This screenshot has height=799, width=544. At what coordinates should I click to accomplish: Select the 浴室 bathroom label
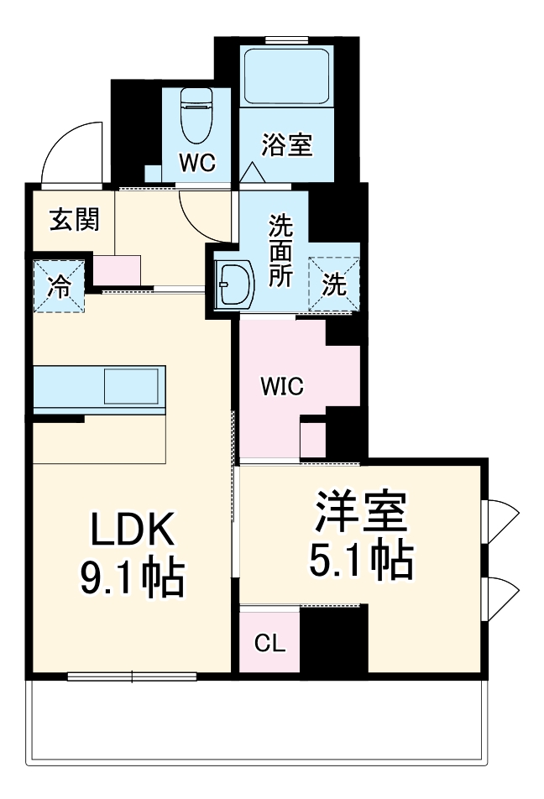(x=286, y=145)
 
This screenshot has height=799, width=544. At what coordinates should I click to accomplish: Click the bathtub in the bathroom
(x=286, y=76)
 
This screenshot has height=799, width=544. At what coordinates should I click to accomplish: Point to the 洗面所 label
(x=280, y=252)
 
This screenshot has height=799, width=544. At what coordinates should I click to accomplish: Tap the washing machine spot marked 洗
(x=335, y=284)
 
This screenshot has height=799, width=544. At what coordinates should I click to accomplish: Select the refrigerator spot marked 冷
(x=60, y=285)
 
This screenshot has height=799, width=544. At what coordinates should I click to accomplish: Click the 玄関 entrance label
(x=74, y=220)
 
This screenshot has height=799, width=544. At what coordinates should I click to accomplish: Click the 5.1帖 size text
(x=361, y=560)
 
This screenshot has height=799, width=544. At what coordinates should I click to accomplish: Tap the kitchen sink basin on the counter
(x=132, y=387)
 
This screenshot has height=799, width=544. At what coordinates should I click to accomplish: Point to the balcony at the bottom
(x=256, y=722)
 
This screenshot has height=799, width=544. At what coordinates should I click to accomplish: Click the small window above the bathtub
(x=286, y=39)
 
